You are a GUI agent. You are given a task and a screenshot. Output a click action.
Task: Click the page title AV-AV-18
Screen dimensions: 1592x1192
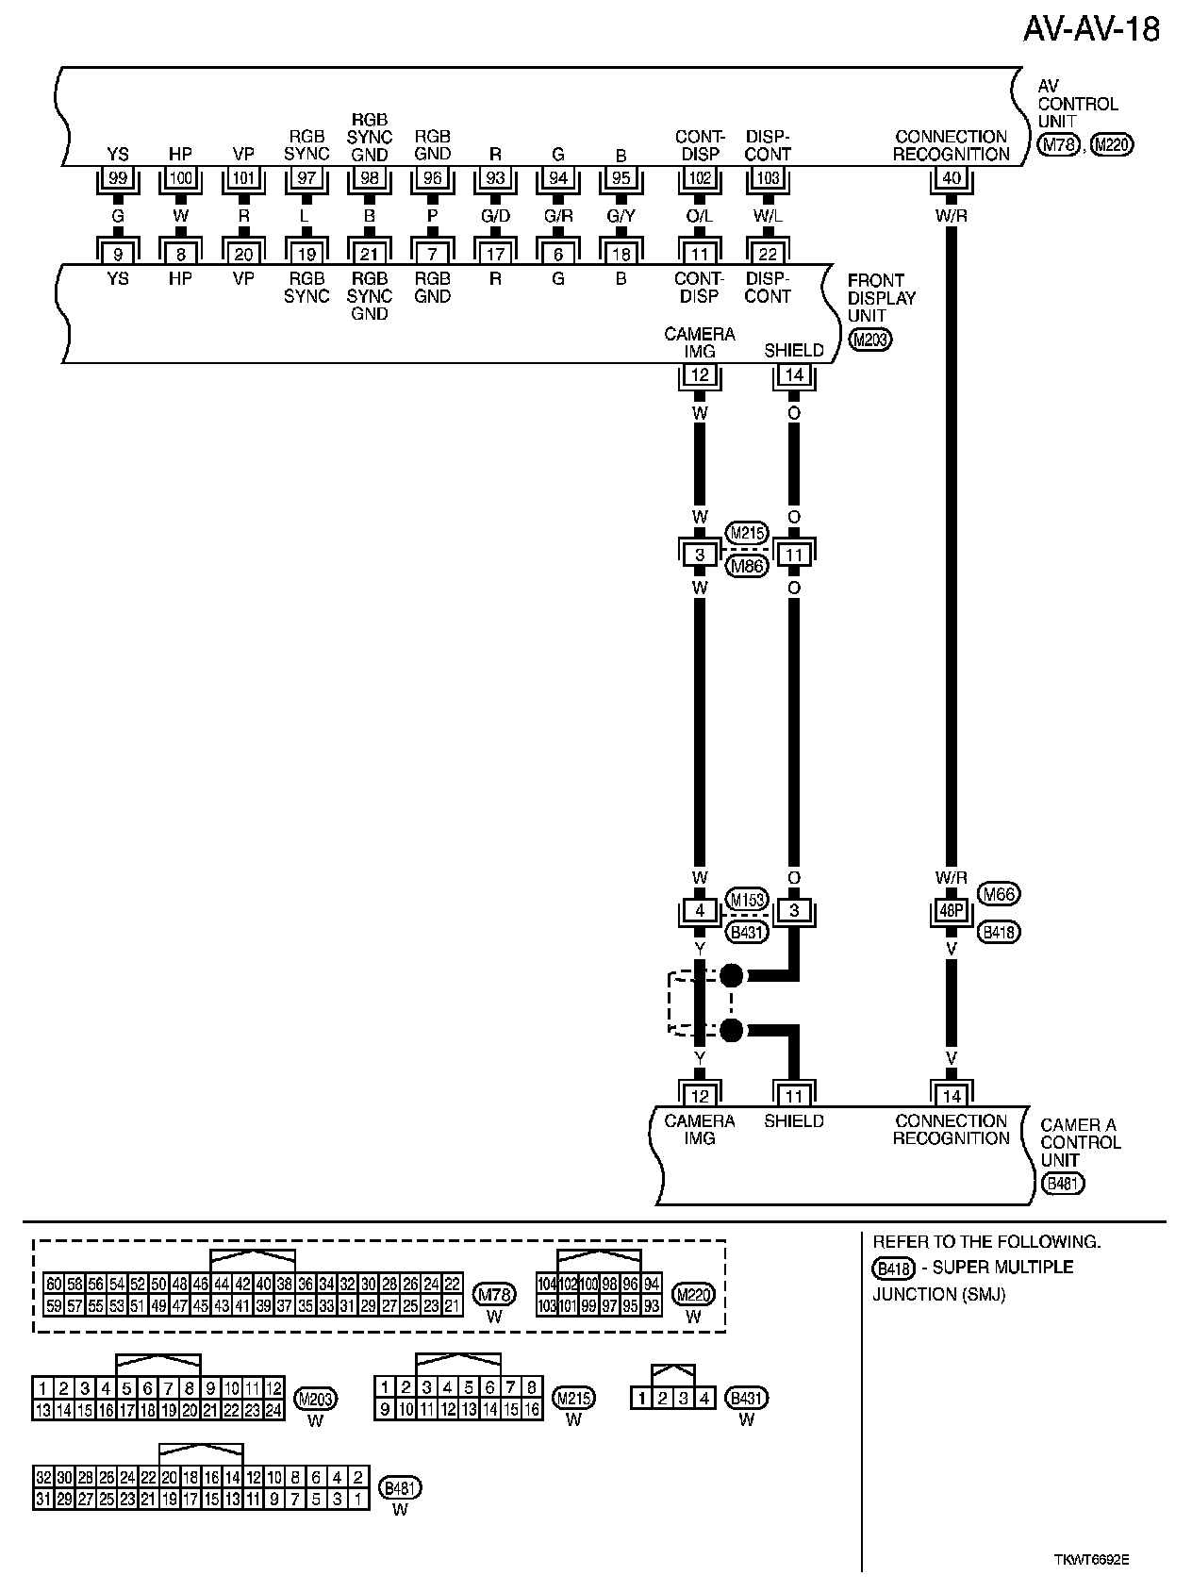click(x=1091, y=29)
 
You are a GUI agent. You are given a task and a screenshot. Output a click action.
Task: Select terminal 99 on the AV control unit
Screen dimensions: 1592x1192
click(x=118, y=177)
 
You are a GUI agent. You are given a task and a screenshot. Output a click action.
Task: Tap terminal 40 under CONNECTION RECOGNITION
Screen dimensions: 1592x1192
click(x=951, y=177)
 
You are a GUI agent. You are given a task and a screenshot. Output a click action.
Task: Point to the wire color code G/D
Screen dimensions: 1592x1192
click(x=495, y=216)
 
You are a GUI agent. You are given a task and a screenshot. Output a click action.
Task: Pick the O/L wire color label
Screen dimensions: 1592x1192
click(x=699, y=216)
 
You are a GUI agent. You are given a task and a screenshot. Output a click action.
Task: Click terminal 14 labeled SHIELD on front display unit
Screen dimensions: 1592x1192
click(x=794, y=375)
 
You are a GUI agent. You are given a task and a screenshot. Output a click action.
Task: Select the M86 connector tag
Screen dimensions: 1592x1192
click(x=746, y=566)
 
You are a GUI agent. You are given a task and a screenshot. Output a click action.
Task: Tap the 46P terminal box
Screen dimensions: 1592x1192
click(x=951, y=911)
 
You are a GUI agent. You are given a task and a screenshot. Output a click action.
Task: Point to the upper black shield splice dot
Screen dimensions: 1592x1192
click(x=731, y=975)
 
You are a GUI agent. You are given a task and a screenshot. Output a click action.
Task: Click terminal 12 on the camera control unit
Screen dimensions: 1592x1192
click(x=699, y=1096)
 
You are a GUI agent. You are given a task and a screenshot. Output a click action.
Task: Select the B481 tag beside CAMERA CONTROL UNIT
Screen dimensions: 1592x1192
click(x=1063, y=1184)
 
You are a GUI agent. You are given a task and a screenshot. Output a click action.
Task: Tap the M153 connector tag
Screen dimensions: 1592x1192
click(x=747, y=899)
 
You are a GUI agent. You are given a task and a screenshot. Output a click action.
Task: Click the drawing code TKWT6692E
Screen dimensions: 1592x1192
click(x=1091, y=1559)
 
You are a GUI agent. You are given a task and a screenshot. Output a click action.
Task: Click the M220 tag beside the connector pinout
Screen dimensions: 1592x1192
click(x=694, y=1294)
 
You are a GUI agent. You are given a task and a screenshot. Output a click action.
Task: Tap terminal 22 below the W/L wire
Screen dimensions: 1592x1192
click(x=768, y=253)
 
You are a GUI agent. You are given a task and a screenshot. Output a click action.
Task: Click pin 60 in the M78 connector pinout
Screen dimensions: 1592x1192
click(x=54, y=1284)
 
